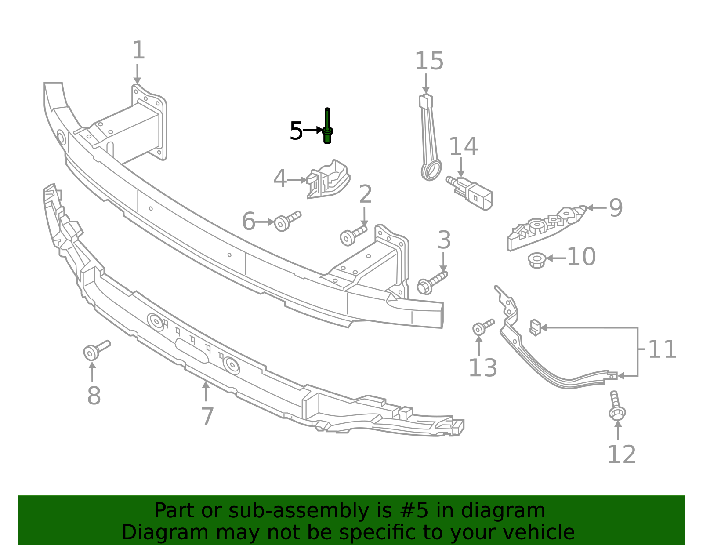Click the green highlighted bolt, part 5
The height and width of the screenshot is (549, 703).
(x=327, y=127)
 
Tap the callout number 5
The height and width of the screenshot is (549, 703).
(x=296, y=131)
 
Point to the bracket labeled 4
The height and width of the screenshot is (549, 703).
(x=328, y=179)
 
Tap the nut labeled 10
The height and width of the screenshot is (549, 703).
(x=536, y=260)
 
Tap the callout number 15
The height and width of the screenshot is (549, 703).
(x=429, y=61)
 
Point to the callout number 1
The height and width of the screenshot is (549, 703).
(x=138, y=51)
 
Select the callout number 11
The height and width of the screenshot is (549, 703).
(x=662, y=349)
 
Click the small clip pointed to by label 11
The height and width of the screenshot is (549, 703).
(x=535, y=327)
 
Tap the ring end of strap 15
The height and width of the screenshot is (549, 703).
(x=431, y=170)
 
